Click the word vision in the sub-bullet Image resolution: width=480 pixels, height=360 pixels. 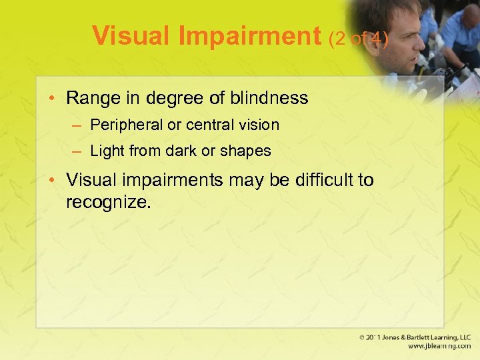click(x=258, y=125)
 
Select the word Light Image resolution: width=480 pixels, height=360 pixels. click(x=107, y=151)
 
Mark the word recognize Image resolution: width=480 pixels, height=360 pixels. click(x=108, y=201)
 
